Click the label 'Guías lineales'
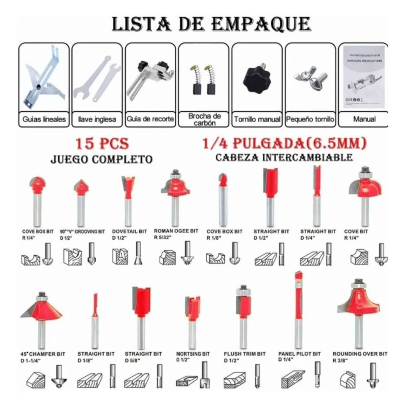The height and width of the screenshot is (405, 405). pos(44,119)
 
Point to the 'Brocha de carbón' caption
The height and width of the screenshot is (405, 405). pos(204,119)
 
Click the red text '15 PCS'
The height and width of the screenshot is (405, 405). pos(102,144)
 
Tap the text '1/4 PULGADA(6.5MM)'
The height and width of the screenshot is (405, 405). pos(284,144)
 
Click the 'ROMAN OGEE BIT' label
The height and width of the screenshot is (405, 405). pos(176,231)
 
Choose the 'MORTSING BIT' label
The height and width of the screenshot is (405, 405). pos(193,354)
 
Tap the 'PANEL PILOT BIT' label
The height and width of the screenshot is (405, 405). pos(300,354)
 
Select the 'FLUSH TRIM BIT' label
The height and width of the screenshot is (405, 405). pos(245,354)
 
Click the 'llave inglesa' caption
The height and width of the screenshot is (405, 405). pos(97,119)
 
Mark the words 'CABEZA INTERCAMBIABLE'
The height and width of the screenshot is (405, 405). pos(284,158)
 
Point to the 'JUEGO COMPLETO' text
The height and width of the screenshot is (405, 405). pos(101,159)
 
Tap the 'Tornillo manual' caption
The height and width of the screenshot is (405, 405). pos(257,119)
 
